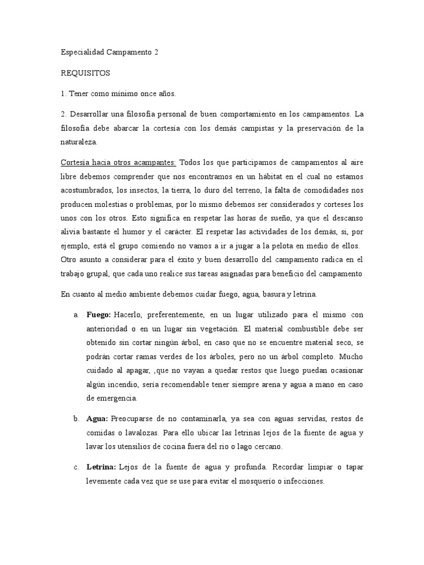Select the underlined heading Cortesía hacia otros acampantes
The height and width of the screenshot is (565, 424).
point(118,162)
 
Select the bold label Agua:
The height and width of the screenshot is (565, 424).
point(98,419)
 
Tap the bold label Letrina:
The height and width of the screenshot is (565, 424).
point(101,467)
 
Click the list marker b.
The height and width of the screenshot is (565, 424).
point(75,419)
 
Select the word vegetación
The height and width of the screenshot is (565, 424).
point(199,329)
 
